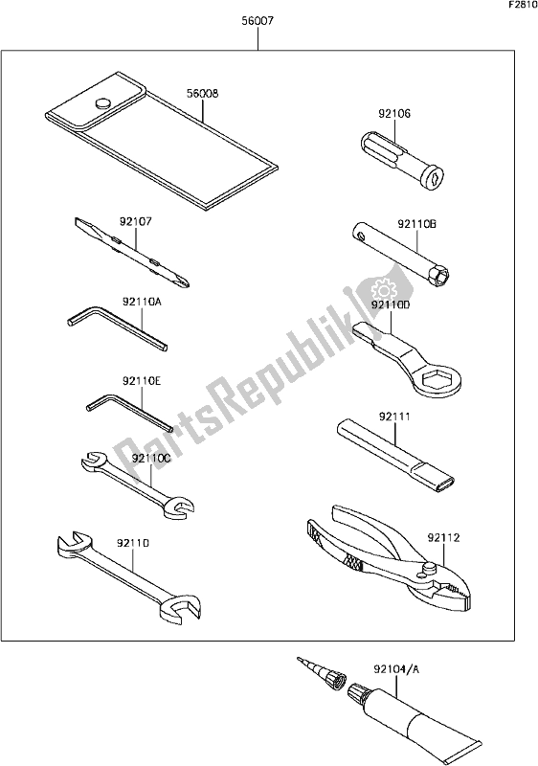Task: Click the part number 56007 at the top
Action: (x=258, y=21)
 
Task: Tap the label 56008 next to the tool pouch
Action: (x=202, y=93)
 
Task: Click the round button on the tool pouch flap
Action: (x=102, y=103)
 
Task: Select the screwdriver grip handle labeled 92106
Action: (x=402, y=159)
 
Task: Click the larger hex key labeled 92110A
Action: (x=117, y=327)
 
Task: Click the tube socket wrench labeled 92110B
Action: (x=401, y=255)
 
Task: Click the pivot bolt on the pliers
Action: (x=429, y=567)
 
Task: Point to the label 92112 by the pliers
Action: (x=444, y=538)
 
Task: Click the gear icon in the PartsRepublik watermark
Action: (x=383, y=288)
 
